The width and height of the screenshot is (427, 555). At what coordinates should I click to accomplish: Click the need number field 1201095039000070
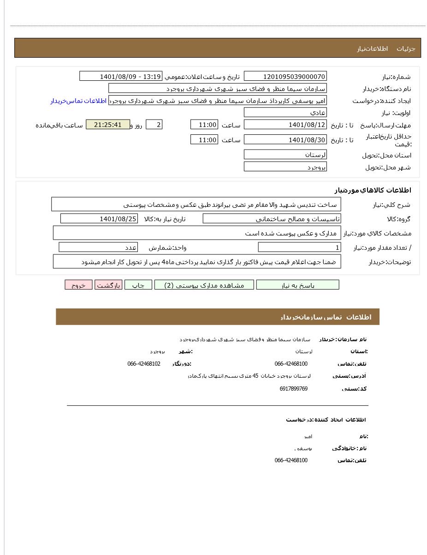[x=285, y=77]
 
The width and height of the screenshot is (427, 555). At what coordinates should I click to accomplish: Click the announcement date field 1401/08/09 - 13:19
[x=121, y=77]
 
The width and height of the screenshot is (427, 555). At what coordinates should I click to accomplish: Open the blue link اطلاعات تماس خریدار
[x=78, y=101]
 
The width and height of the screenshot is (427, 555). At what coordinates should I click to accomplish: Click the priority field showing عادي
[x=285, y=113]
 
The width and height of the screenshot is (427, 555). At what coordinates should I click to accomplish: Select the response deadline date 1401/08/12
[x=285, y=125]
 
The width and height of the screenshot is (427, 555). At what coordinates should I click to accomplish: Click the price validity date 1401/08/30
[x=285, y=140]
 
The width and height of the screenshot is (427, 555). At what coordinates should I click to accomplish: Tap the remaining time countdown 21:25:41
[x=108, y=125]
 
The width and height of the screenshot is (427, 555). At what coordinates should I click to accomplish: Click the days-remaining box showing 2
[x=154, y=125]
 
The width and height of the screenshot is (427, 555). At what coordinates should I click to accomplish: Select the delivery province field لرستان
[x=285, y=155]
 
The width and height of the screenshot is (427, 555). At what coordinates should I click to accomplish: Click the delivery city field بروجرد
[x=285, y=167]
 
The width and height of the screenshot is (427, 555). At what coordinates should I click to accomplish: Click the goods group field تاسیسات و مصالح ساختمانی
[x=272, y=219]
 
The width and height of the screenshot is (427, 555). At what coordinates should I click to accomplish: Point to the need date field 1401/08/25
[x=99, y=219]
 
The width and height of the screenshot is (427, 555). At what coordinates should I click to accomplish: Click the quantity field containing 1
[x=299, y=247]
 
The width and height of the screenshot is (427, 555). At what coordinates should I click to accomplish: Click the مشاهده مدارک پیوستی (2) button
[x=204, y=285]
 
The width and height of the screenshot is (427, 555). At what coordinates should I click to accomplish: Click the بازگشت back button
[x=108, y=285]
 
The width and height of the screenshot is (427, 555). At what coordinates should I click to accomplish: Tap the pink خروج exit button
[x=78, y=285]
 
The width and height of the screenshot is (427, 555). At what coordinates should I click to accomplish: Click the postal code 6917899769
[x=293, y=389]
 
